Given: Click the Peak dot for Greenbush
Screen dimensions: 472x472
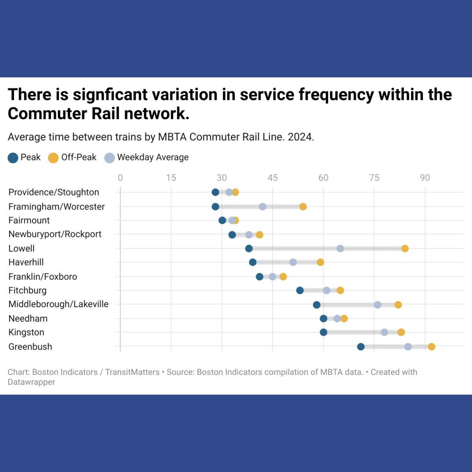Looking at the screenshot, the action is click(x=361, y=347).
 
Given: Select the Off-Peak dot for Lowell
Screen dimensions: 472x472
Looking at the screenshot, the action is click(x=405, y=248).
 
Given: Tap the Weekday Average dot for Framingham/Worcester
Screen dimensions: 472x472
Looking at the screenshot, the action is click(x=262, y=206).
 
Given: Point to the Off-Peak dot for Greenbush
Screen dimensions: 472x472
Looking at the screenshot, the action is click(x=431, y=347).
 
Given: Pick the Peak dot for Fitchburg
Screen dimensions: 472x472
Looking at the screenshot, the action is click(x=300, y=291).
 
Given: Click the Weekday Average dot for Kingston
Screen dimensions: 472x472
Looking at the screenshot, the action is click(x=384, y=332).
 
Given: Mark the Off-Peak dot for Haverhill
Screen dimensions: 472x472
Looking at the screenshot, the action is click(x=320, y=262).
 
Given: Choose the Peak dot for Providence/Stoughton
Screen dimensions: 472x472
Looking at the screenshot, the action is click(x=215, y=192).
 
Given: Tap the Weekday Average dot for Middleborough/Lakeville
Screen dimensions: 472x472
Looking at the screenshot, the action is click(x=378, y=305).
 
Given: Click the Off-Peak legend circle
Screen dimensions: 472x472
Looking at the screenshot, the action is click(x=53, y=158).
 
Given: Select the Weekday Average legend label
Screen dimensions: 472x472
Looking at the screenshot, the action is click(x=153, y=157).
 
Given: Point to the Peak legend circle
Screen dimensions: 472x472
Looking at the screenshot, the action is click(x=13, y=158).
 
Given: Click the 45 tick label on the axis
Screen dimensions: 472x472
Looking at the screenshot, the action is click(x=273, y=178).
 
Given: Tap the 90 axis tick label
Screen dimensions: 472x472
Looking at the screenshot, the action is click(x=425, y=178).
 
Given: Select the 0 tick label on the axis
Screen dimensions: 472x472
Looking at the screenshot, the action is click(x=120, y=178).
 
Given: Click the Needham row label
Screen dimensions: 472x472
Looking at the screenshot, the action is click(x=28, y=319).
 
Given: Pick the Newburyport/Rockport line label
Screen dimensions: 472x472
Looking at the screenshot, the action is click(x=55, y=234).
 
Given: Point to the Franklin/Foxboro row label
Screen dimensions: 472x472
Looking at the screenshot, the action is click(x=42, y=277).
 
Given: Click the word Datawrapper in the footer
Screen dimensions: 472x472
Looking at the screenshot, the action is click(x=31, y=382).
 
